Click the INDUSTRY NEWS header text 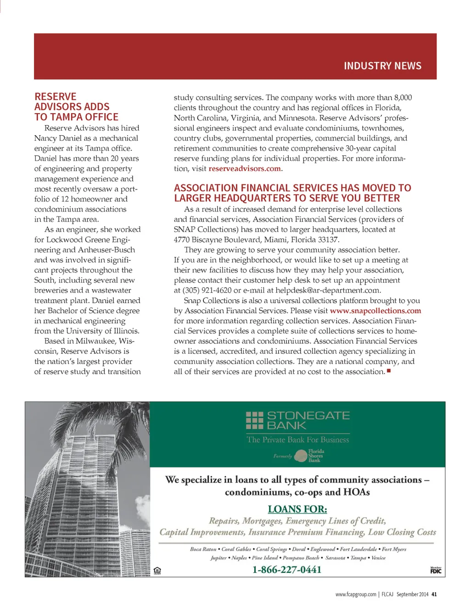[x=382, y=66]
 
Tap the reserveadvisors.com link [x=245, y=169]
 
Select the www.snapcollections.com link [x=375, y=311]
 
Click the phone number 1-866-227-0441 [x=287, y=570]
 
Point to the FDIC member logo [x=436, y=570]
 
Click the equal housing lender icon [x=157, y=571]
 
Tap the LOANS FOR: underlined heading [x=297, y=509]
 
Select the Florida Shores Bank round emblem [x=301, y=456]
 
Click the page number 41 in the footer [x=434, y=594]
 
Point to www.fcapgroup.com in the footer [x=356, y=594]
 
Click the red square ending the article [x=389, y=371]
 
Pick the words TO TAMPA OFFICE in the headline [x=76, y=117]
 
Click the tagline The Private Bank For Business [x=298, y=440]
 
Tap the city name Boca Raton [x=203, y=549]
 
